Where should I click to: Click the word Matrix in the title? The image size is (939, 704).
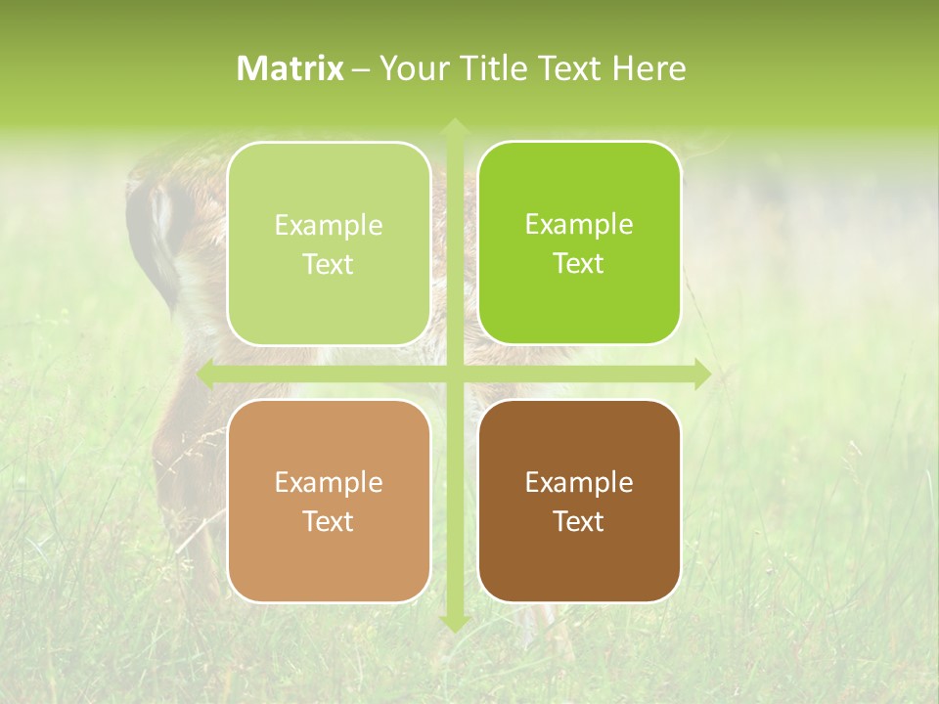click(291, 68)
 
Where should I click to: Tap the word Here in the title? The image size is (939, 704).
click(648, 68)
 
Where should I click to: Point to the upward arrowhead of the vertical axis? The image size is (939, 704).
click(454, 127)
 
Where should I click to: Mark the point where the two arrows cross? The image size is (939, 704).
click(454, 374)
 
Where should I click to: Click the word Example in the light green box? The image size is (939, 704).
click(329, 226)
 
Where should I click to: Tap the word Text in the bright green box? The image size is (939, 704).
click(579, 264)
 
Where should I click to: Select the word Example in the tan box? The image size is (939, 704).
click(329, 483)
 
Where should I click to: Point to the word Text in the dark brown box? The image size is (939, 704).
click(579, 521)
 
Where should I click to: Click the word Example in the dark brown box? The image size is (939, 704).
click(579, 483)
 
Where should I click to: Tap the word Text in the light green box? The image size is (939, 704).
click(329, 264)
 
